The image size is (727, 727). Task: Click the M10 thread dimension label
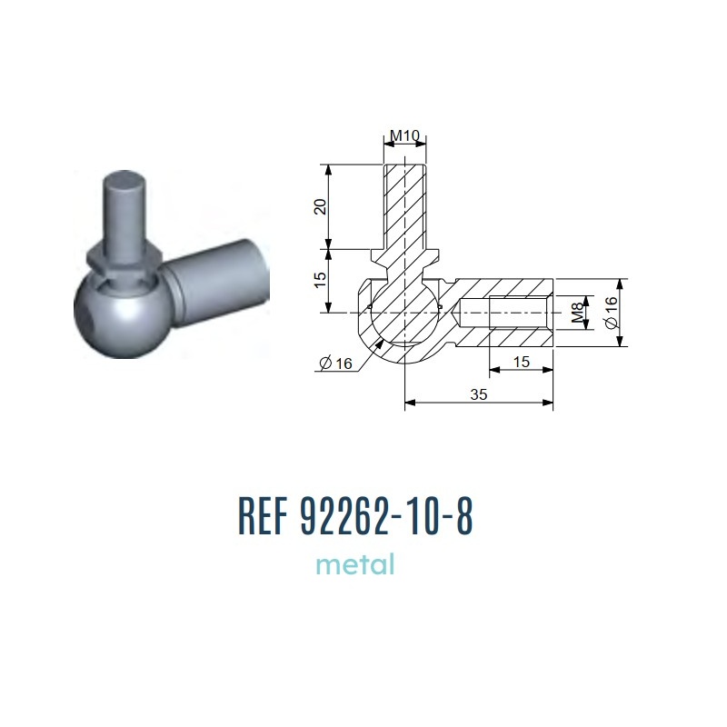[404, 134]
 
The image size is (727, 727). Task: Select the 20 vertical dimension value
[321, 206]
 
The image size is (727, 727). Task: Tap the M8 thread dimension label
[577, 313]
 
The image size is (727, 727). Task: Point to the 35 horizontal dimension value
[479, 394]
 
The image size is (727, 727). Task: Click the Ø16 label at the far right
[612, 313]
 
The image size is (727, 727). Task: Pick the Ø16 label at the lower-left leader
[336, 363]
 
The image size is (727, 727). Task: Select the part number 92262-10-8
[387, 516]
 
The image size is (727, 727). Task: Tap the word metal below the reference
[355, 564]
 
